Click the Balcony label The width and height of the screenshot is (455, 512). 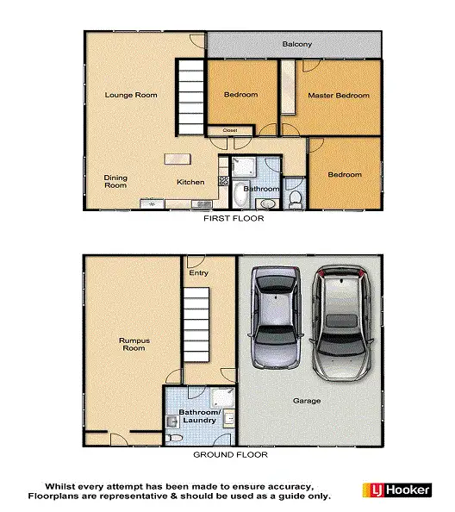click(x=296, y=44)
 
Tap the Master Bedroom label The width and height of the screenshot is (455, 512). click(x=339, y=96)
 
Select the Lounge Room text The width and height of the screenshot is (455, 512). click(x=131, y=95)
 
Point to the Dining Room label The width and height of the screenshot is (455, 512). click(x=115, y=182)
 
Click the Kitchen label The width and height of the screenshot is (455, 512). click(x=190, y=183)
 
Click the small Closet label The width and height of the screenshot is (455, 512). click(x=230, y=131)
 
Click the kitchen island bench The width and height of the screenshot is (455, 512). click(x=178, y=159)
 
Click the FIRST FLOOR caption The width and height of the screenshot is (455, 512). click(x=233, y=219)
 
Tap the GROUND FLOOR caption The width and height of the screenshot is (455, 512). click(x=229, y=454)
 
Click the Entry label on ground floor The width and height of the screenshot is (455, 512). click(x=199, y=273)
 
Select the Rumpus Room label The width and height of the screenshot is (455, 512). click(x=134, y=344)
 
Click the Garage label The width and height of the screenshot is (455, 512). click(x=306, y=401)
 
